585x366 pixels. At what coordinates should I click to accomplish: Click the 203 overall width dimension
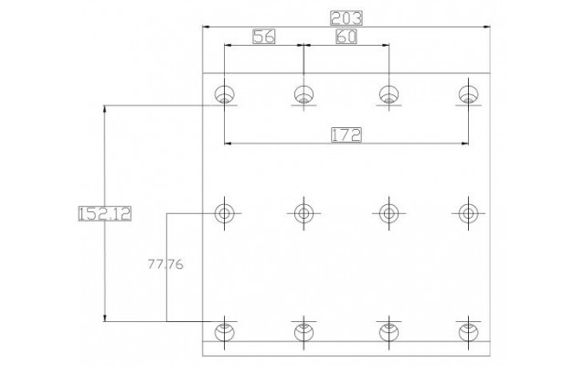click(x=346, y=18)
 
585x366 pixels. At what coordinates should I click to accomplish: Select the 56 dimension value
click(x=264, y=37)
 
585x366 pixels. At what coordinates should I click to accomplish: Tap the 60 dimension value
click(x=346, y=37)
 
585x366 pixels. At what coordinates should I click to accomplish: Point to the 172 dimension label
click(x=346, y=135)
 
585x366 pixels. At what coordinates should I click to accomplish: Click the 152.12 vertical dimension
click(x=105, y=213)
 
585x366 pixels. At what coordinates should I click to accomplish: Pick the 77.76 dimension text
click(x=165, y=264)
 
